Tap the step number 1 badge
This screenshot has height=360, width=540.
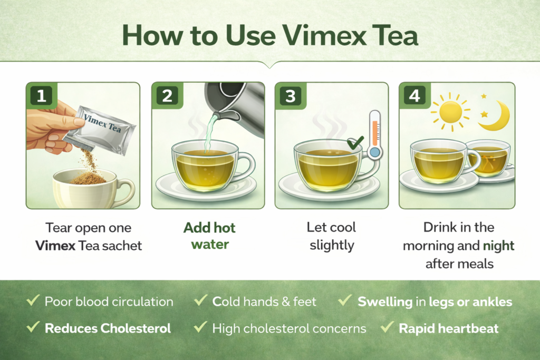pos(41,95)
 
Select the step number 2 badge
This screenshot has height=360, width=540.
pos(167,95)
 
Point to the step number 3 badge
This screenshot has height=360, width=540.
pos(291,95)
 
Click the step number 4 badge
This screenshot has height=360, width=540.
pos(414,95)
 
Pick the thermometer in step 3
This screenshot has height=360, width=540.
pos(374,134)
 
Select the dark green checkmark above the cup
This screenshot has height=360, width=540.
pos(355,142)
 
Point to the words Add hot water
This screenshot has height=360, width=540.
pos(210,236)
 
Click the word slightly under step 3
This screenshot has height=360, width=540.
pos(332,246)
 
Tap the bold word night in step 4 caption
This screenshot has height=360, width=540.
pos(498,246)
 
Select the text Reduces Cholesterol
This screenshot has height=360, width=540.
pos(108,328)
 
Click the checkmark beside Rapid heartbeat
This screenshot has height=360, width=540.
pos(388,327)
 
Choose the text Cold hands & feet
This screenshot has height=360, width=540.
pos(264,301)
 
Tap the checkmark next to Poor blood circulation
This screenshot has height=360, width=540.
pos(33,300)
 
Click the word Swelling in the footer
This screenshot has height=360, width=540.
pos(385,302)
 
